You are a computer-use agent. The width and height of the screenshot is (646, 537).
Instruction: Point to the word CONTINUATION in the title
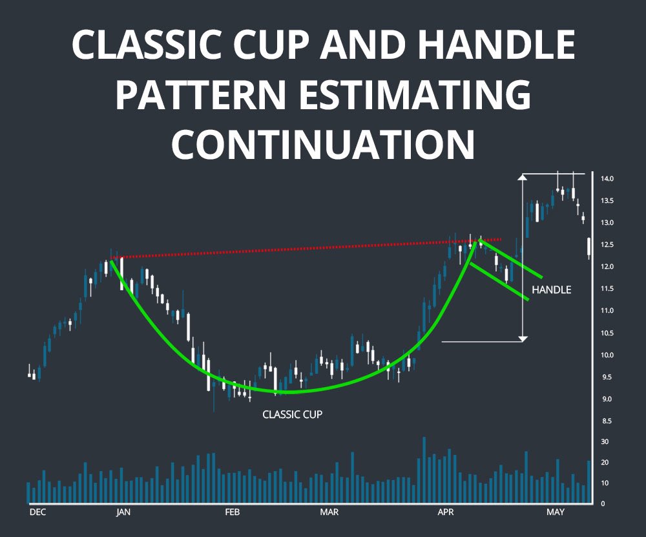click(x=323, y=143)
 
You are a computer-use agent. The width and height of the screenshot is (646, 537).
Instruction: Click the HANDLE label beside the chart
click(x=551, y=290)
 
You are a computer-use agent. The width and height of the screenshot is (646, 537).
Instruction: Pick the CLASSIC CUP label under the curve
click(x=292, y=414)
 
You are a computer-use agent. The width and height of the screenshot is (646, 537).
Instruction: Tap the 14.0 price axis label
click(x=607, y=178)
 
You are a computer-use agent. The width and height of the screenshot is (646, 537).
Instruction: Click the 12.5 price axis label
click(x=607, y=244)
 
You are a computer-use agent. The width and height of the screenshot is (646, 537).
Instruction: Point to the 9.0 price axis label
click(x=607, y=399)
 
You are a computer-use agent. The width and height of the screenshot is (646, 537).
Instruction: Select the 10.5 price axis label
click(x=607, y=333)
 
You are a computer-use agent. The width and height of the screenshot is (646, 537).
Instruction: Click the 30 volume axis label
click(x=605, y=442)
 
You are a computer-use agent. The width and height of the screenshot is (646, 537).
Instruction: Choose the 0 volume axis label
click(x=603, y=503)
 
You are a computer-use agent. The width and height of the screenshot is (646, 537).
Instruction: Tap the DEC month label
click(x=38, y=512)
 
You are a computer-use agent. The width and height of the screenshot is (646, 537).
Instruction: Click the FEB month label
click(x=232, y=512)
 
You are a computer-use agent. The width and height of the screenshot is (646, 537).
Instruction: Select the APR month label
click(x=446, y=512)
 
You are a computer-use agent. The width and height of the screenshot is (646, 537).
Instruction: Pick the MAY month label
click(x=555, y=512)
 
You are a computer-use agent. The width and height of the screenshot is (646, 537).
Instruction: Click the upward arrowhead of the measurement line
click(x=523, y=177)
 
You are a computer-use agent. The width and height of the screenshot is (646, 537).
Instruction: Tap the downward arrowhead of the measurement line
click(x=523, y=337)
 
